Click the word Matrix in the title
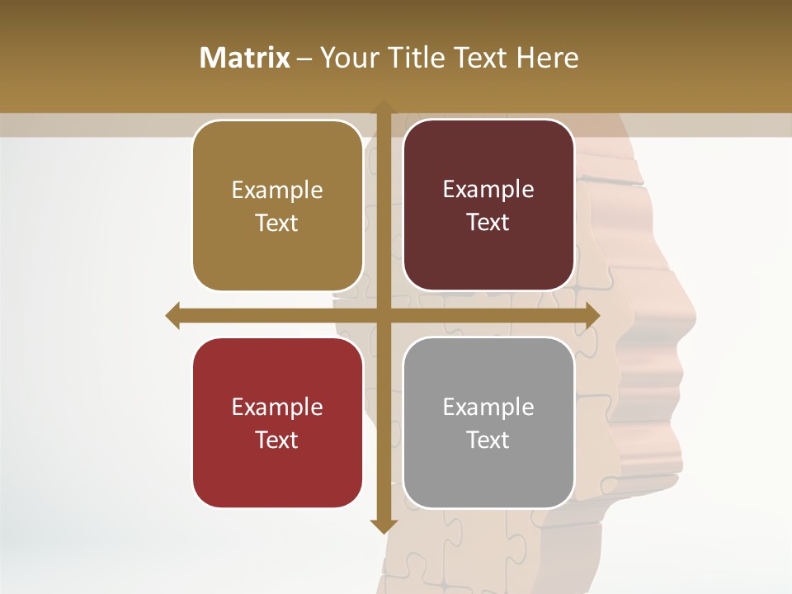[245, 58]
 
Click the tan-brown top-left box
[277, 206]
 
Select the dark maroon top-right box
[488, 205]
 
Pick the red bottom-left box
[277, 423]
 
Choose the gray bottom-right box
[488, 423]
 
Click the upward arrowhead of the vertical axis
[384, 107]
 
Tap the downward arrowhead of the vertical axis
[384, 526]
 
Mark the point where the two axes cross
[384, 315]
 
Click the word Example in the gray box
[488, 407]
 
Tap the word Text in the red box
[277, 440]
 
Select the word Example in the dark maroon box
[488, 189]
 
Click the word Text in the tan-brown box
[277, 223]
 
